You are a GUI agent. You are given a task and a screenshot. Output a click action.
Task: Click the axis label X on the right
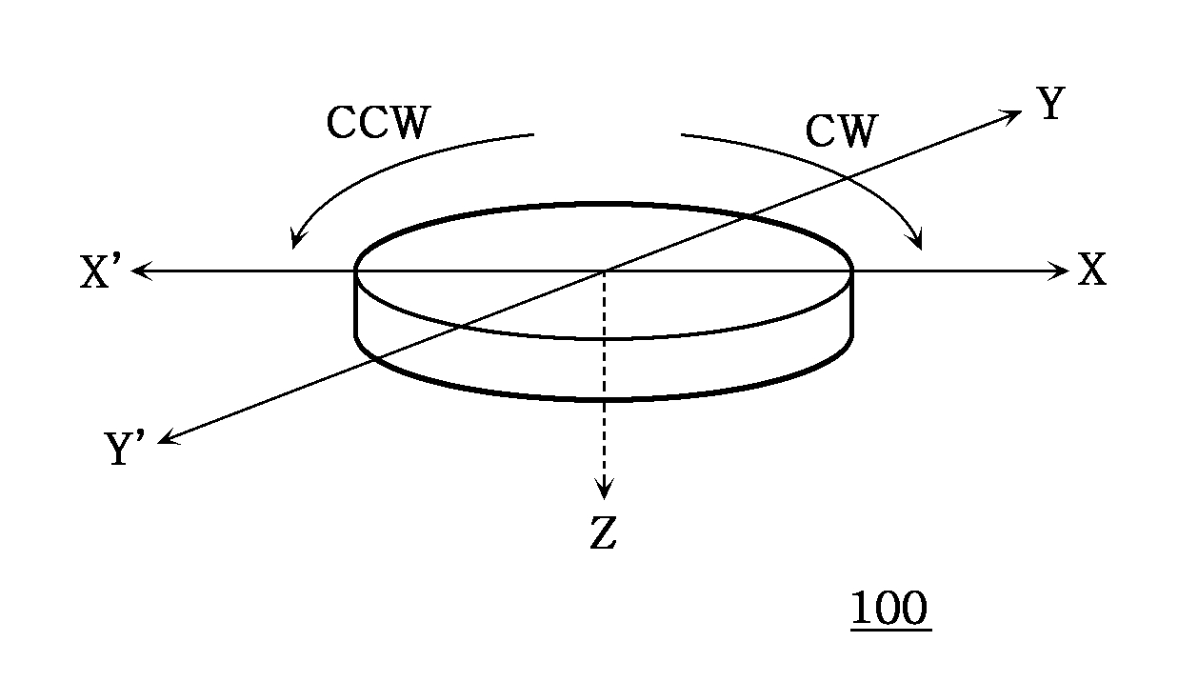pos(1092,272)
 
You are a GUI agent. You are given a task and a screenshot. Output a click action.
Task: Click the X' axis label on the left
pos(102,274)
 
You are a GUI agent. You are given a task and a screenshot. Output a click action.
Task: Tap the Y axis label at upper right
pos(1050,104)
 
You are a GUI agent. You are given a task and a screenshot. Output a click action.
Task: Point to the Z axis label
pos(603,535)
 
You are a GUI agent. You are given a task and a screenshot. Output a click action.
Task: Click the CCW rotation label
pos(378,123)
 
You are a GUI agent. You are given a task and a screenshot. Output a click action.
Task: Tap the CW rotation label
pos(841,131)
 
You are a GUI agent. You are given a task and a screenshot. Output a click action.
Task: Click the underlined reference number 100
pos(889,609)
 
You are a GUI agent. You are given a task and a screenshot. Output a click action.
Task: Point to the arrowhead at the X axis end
pos(1061,271)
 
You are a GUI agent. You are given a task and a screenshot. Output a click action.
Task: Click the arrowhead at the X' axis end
pos(139,271)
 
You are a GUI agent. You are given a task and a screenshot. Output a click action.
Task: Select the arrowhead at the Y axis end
pos(1012,113)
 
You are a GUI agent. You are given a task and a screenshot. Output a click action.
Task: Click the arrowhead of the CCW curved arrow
pos(295,241)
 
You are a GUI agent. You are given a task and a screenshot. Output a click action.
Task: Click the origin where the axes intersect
pos(604,271)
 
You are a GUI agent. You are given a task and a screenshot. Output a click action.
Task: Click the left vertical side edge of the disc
pos(356,305)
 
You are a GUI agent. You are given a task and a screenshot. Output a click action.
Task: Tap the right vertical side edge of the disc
pos(851,305)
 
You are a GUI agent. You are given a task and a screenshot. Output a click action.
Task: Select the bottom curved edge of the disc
pos(604,399)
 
